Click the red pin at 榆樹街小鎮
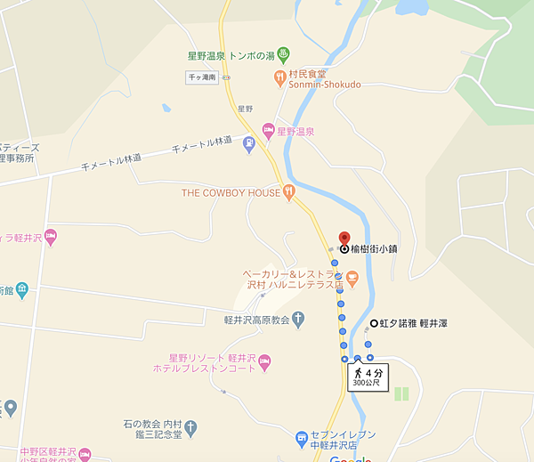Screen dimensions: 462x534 point(344,239)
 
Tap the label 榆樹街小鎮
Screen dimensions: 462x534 point(374,250)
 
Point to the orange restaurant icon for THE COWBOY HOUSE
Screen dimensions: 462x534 point(288,192)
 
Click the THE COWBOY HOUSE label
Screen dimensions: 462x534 point(231,192)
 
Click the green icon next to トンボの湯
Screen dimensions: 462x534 point(283,53)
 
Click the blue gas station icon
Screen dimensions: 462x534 point(248,143)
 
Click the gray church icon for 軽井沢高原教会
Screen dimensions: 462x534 point(298,317)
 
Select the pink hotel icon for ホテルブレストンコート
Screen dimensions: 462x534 point(276,360)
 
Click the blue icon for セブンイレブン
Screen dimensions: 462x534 point(303,440)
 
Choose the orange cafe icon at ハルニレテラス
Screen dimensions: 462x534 point(352,280)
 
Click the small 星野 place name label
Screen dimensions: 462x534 point(245,109)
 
